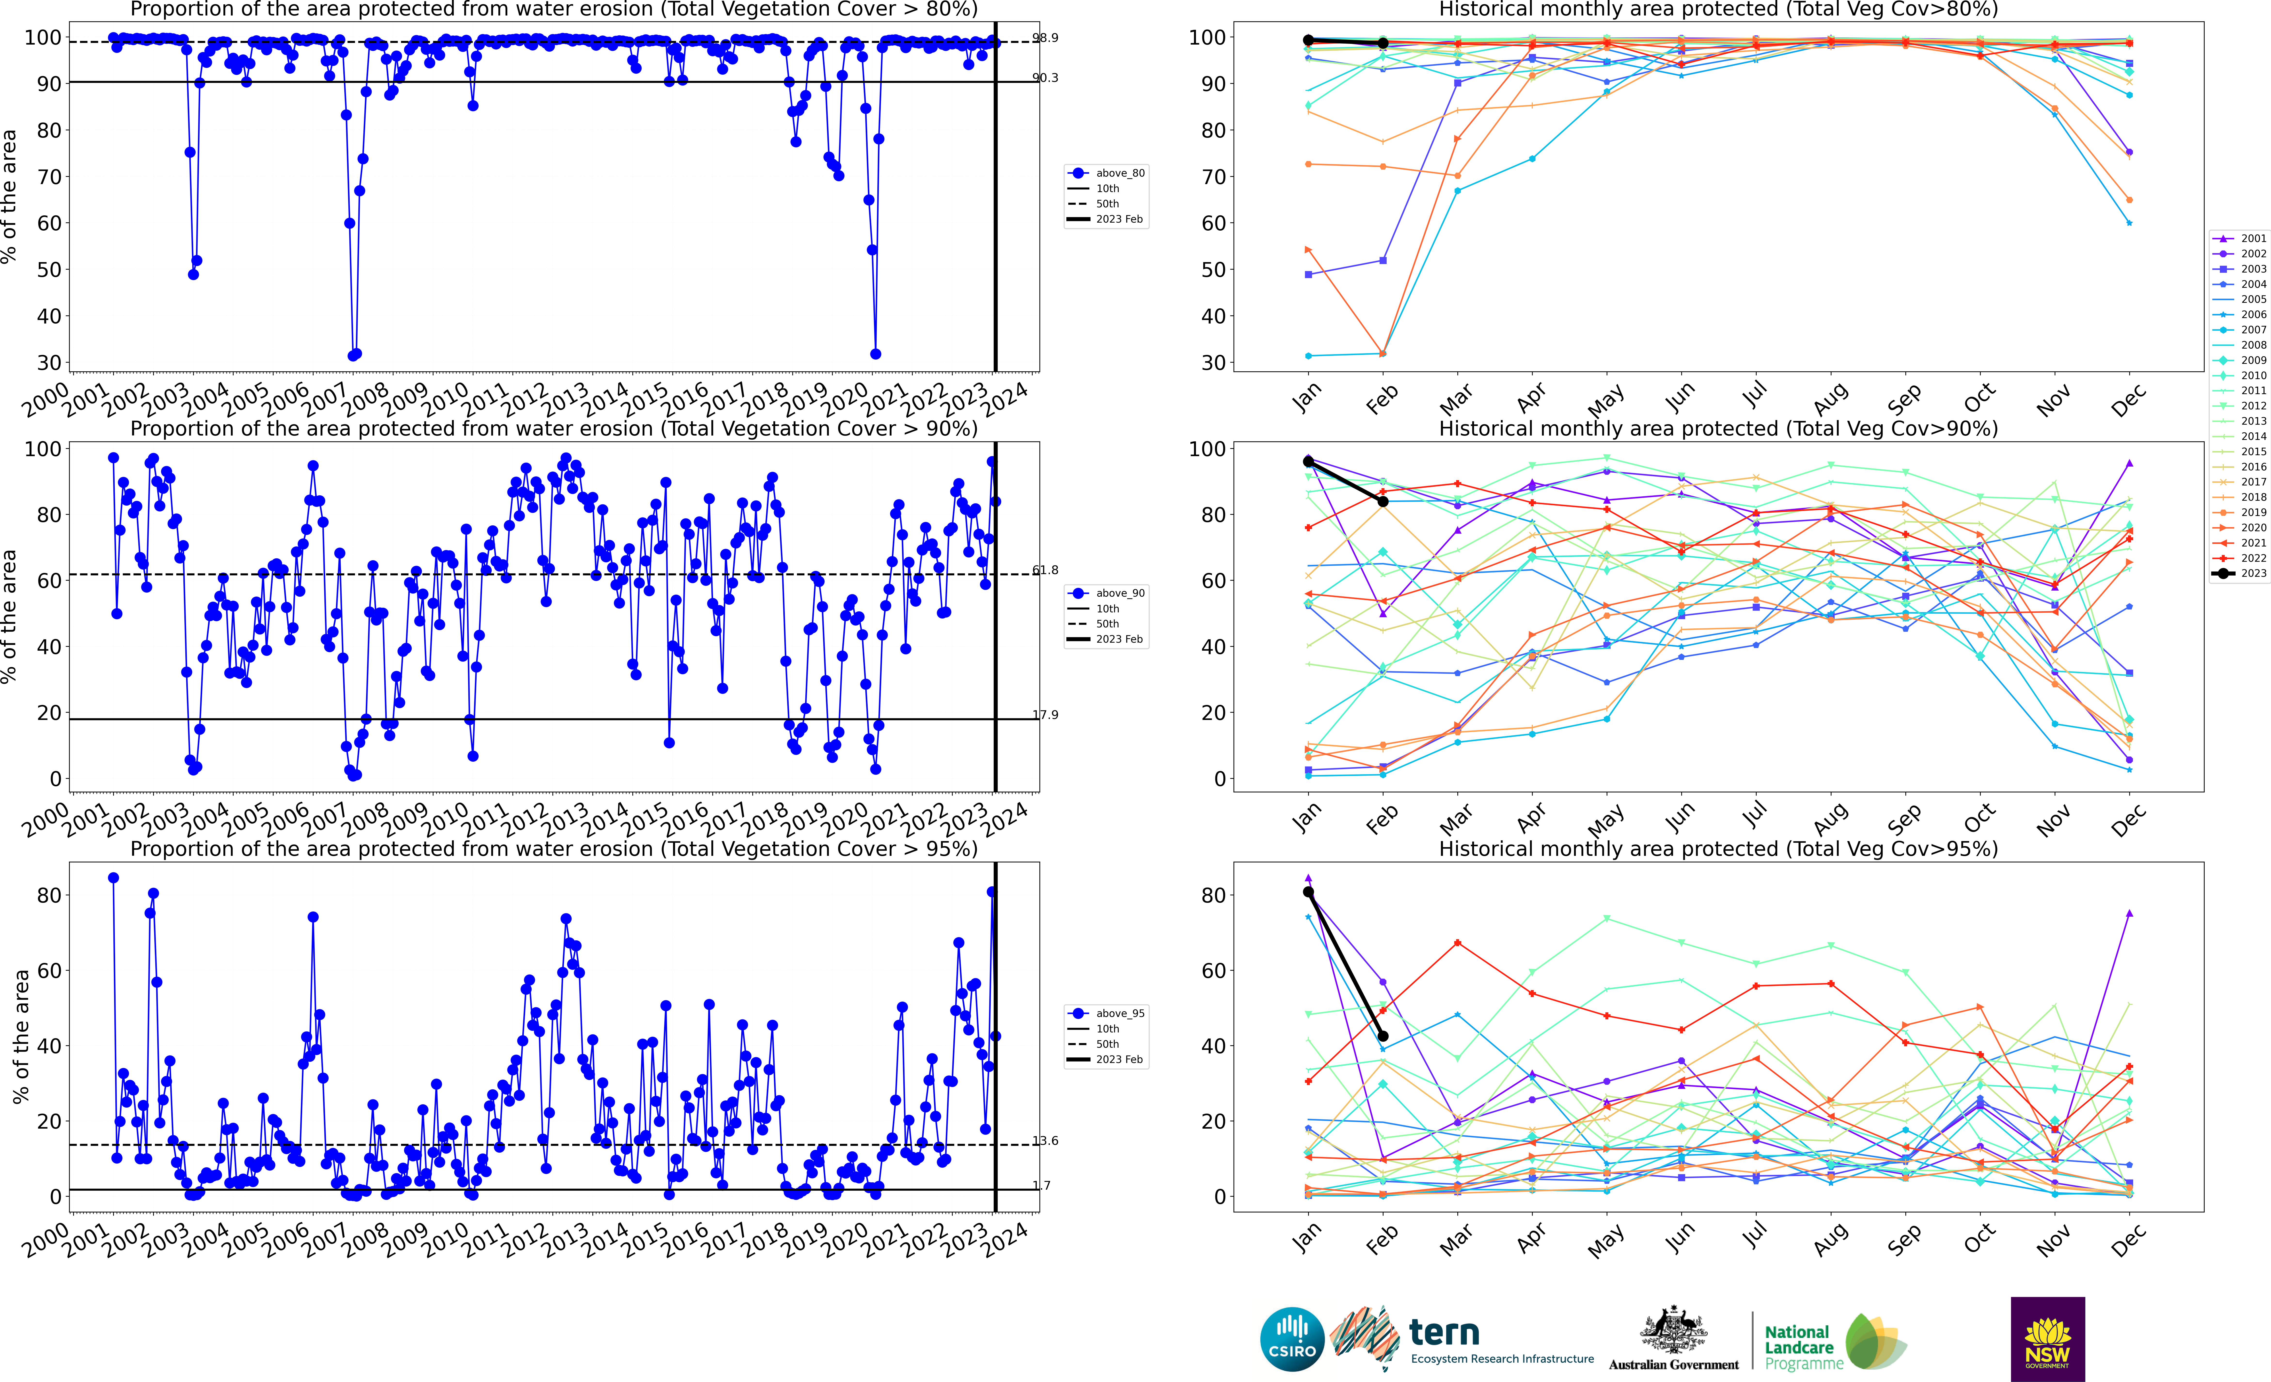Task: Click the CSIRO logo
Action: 1292,1339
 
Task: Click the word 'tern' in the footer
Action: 1444,1332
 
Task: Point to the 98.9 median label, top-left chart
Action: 1045,38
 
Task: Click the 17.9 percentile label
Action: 1045,715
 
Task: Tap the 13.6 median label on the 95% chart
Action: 1045,1141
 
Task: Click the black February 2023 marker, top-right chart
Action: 1383,43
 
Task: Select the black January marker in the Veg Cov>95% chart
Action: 1308,892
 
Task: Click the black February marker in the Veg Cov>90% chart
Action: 1383,501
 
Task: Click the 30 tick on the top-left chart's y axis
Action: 50,363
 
